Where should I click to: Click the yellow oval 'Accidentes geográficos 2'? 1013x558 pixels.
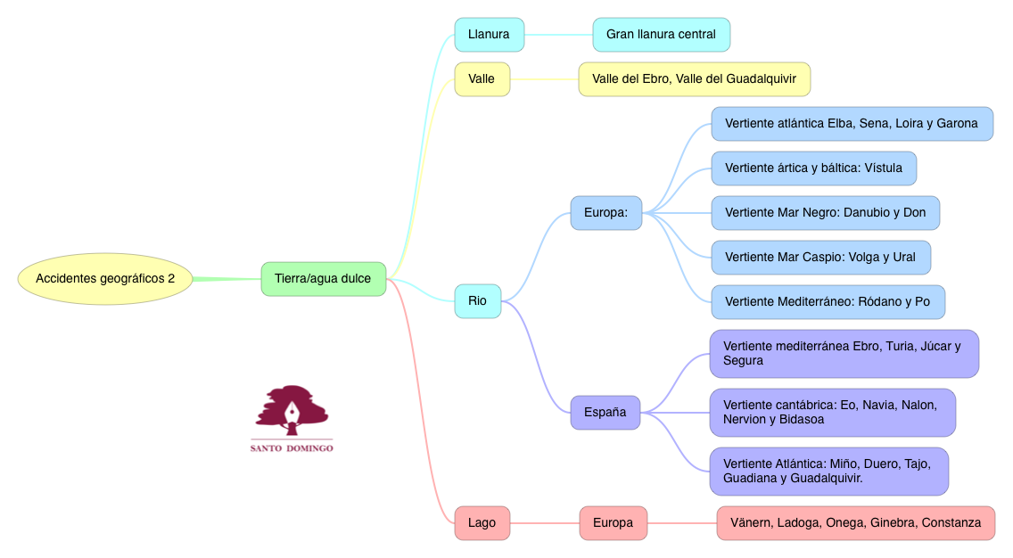pos(105,279)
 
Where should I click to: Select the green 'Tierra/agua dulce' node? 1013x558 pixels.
pos(323,279)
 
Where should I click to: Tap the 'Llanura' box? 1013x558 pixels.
pos(489,35)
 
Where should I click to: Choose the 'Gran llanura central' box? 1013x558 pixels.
pos(661,35)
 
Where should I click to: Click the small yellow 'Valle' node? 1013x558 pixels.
pos(482,79)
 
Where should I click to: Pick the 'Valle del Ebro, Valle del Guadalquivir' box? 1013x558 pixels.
pos(694,79)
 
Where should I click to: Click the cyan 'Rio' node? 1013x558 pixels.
pos(477,301)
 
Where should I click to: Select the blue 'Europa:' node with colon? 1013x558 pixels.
pos(605,213)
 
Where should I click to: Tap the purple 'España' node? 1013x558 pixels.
pos(605,413)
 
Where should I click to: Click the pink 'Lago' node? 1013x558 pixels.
pos(482,523)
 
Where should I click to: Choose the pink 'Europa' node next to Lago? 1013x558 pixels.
pos(613,523)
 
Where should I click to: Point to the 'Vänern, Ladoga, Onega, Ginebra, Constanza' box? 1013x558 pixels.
pos(855,523)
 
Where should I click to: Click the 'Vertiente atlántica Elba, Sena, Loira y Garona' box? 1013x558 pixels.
pos(852,124)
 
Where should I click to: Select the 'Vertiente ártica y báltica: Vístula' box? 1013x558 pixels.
pos(813,168)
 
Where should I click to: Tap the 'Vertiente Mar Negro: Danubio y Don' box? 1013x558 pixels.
pos(825,213)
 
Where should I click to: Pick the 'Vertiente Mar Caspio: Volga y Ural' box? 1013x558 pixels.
pos(820,258)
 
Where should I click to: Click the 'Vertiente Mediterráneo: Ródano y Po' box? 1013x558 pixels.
pos(828,302)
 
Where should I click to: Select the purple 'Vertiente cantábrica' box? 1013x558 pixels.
pos(832,413)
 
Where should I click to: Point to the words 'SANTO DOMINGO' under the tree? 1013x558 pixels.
pos(292,448)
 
